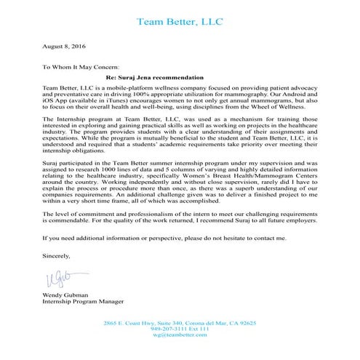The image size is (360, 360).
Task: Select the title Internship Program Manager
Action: (x=79, y=301)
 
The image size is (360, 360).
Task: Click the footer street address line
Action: (x=179, y=322)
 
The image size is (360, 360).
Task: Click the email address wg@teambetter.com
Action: (x=179, y=335)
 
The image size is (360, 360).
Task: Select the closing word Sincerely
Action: (x=57, y=256)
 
